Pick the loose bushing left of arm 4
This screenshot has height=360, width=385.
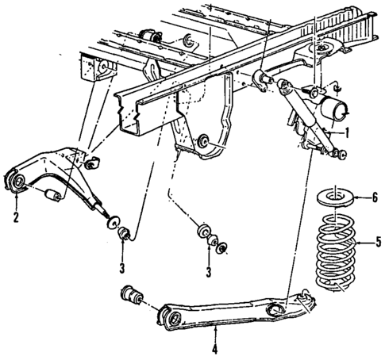131,297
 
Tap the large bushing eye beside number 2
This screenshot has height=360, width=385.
17,183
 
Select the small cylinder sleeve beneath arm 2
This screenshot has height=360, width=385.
55,195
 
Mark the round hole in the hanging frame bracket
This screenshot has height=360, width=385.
204,143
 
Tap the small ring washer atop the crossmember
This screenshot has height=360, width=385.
188,40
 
